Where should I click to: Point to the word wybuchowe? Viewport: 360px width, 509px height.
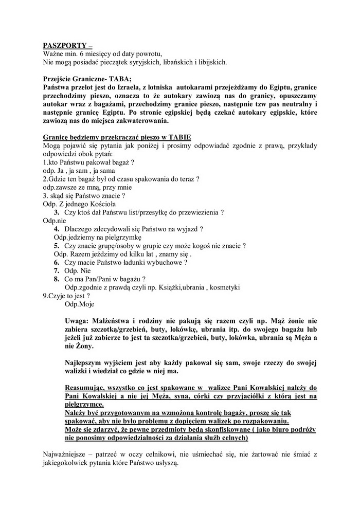pyautogui.click(x=165, y=262)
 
